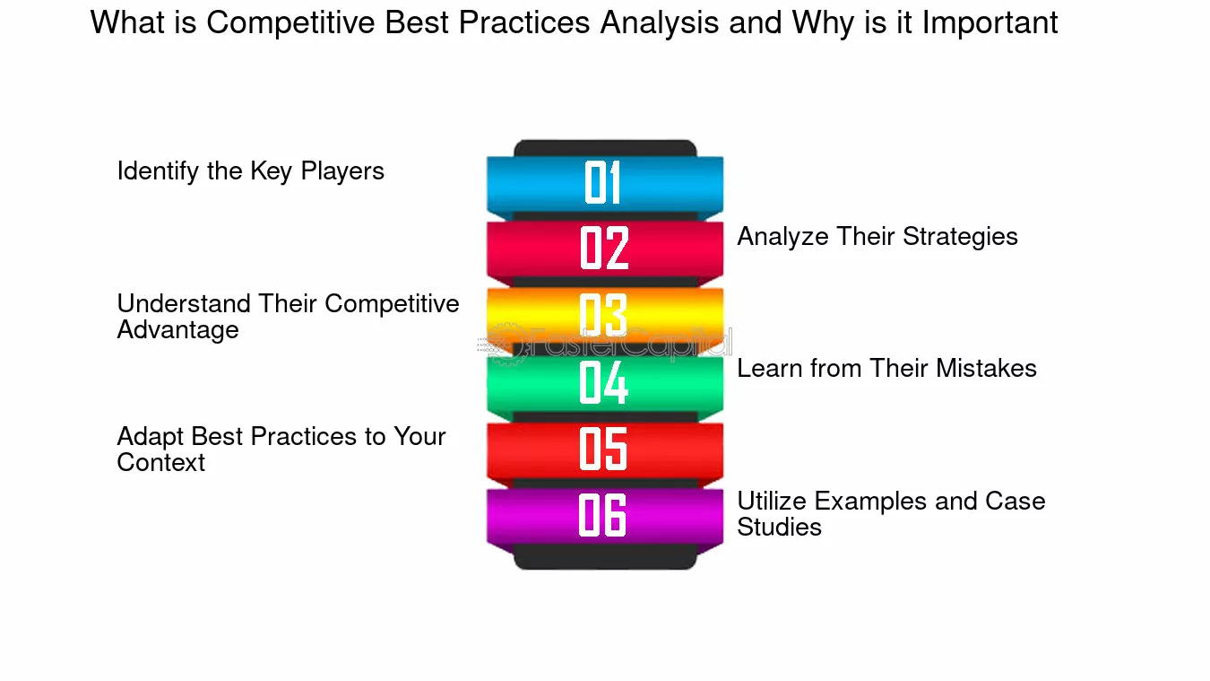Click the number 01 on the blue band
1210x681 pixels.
coord(602,182)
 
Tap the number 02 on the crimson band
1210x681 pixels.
coord(604,248)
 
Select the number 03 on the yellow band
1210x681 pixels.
coord(603,315)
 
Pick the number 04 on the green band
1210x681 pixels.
coord(603,382)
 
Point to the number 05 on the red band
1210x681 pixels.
coord(603,449)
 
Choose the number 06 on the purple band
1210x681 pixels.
coord(602,515)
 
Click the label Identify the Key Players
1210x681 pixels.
coord(251,171)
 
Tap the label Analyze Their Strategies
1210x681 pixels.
coord(877,237)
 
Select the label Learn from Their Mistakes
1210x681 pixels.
coord(887,369)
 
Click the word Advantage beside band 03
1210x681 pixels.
coord(177,330)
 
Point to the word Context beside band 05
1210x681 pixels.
coord(161,462)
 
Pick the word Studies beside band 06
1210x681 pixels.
coord(780,528)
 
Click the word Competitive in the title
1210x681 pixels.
coord(290,23)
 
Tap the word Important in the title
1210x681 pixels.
coord(990,23)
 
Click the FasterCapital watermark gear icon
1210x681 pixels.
coord(506,345)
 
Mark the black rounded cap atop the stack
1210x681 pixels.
coord(605,148)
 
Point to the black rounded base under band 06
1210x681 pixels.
coord(605,557)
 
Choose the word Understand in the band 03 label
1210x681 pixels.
coord(184,304)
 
